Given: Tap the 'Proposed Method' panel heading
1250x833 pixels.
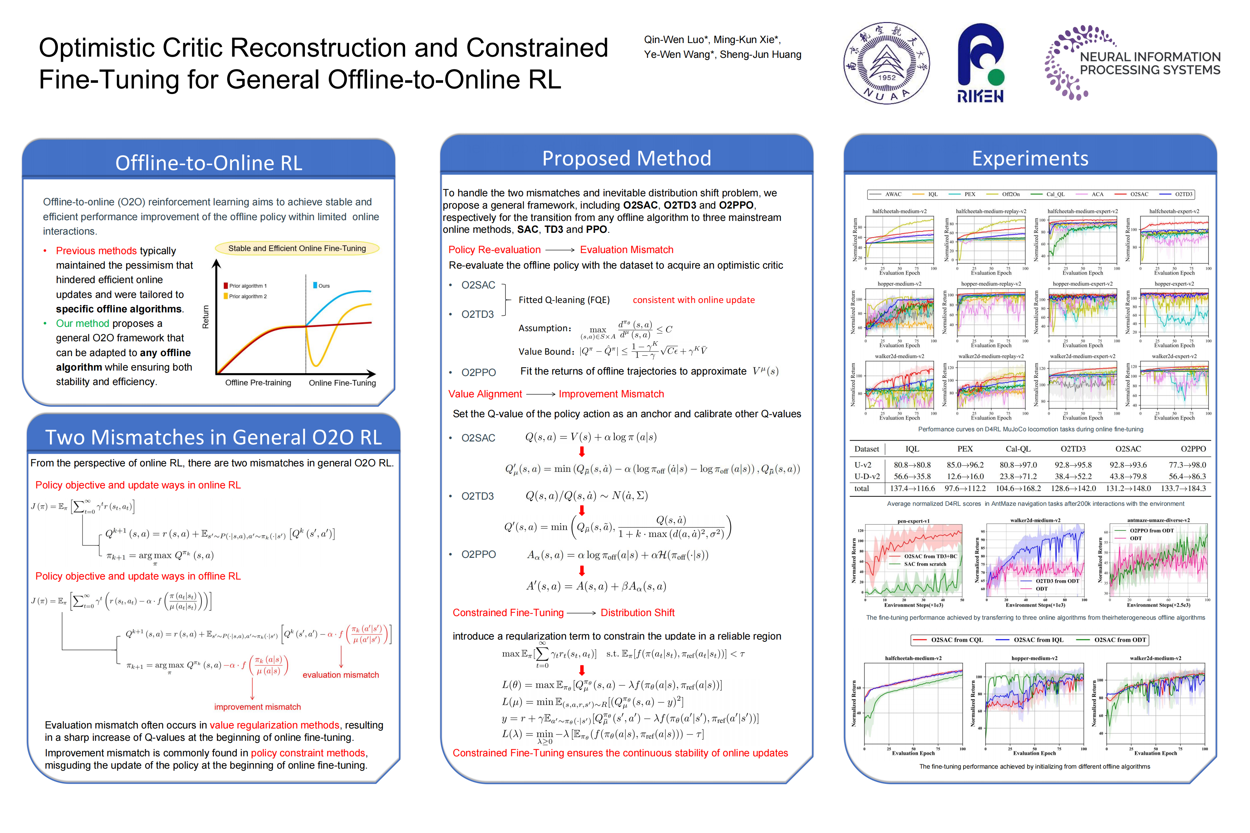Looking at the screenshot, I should tap(626, 158).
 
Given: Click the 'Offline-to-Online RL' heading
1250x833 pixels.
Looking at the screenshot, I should tap(208, 163).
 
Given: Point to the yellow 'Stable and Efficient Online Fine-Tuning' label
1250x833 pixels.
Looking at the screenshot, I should tap(297, 248).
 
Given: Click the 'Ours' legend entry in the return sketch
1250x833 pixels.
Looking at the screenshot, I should tap(323, 286).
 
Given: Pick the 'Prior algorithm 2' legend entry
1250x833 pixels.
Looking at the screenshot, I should tap(247, 296).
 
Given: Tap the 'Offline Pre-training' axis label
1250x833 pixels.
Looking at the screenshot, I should tap(258, 383).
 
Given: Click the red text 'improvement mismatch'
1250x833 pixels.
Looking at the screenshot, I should tap(257, 706).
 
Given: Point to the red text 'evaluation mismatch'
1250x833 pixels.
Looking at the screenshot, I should tap(341, 675).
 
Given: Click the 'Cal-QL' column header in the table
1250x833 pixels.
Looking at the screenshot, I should tap(1018, 449).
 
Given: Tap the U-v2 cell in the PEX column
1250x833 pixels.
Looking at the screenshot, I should tap(965, 465).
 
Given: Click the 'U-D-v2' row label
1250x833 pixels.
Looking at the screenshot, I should tap(867, 477).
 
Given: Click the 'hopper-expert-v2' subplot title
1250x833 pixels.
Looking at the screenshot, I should tap(1174, 284).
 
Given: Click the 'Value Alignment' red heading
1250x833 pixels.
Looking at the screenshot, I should tap(485, 394).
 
